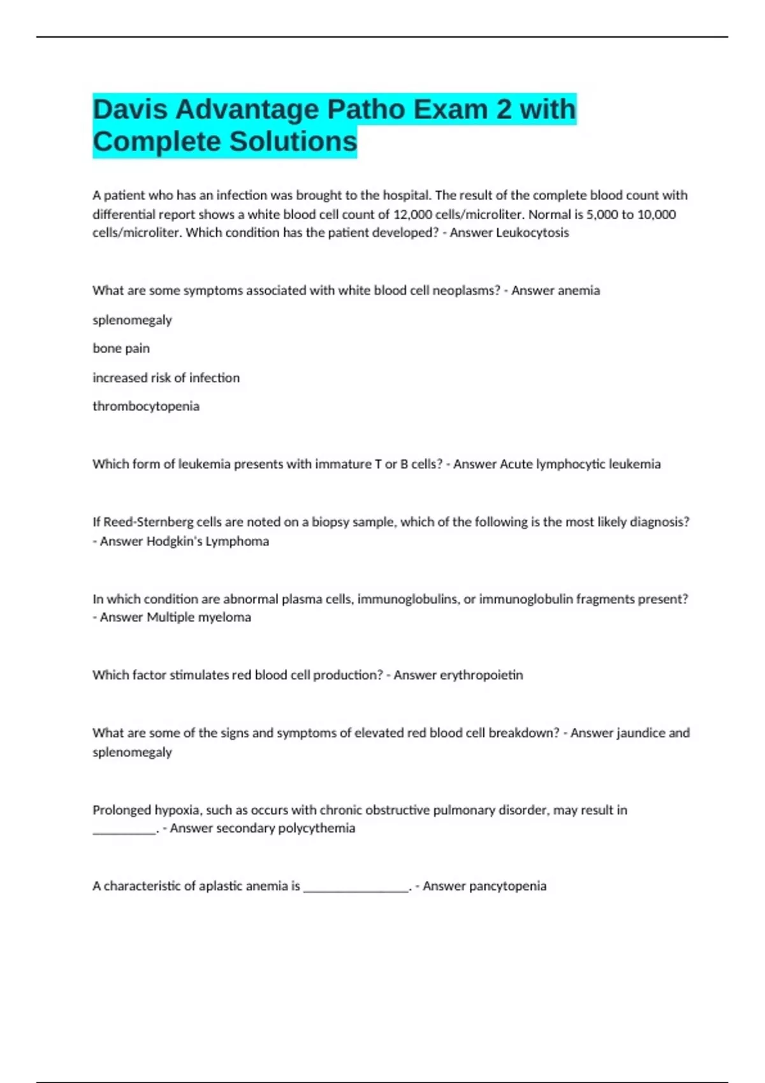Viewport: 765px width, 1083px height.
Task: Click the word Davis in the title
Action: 130,110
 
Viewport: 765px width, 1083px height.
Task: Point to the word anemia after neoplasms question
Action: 578,290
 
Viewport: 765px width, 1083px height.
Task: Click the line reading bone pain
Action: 121,348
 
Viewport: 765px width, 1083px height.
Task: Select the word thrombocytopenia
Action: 146,406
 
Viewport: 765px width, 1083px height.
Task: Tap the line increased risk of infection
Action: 166,378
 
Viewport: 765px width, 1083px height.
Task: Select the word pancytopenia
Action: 507,886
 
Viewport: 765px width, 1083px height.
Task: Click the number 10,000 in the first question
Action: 657,214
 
